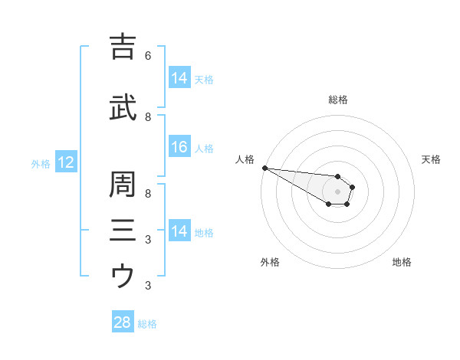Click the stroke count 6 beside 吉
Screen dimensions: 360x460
(x=147, y=56)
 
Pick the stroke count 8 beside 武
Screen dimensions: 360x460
(x=147, y=117)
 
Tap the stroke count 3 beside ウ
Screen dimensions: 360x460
(x=147, y=286)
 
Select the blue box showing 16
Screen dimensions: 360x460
(x=179, y=148)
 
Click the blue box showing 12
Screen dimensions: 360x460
(x=65, y=162)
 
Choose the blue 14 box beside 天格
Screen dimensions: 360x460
(x=179, y=78)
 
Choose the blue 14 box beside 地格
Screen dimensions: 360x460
(x=179, y=231)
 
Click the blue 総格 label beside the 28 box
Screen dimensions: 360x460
(x=147, y=324)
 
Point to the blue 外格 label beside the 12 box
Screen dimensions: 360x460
(x=41, y=163)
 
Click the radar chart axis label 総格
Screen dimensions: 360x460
(x=337, y=100)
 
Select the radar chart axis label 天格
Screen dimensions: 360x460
(x=431, y=159)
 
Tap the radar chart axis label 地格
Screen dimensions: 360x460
(x=402, y=262)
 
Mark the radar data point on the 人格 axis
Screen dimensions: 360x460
(x=264, y=168)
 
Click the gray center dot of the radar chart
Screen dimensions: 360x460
(x=337, y=191)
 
